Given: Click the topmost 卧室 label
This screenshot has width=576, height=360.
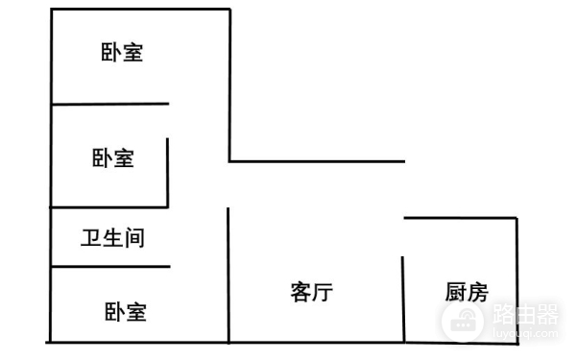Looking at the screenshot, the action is point(122,53).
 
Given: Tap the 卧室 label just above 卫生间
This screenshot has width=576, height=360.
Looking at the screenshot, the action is point(113,158).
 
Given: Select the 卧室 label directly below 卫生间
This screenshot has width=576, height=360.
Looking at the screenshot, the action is point(126,311).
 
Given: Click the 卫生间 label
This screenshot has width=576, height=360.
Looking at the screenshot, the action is point(113,236).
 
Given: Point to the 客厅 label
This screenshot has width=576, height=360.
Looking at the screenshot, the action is point(310,292).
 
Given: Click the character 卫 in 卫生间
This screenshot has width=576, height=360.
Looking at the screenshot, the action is point(92,236).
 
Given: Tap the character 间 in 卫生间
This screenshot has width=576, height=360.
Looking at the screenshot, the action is point(134,236).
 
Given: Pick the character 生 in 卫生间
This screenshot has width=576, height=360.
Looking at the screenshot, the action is point(113,236).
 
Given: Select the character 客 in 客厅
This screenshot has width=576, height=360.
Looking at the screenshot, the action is point(300,292).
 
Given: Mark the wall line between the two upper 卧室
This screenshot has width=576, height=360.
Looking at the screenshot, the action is point(109,104).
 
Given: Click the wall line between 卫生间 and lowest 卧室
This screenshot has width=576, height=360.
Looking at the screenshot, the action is point(109,267).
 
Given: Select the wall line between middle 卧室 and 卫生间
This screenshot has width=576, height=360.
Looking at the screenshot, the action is point(109,206).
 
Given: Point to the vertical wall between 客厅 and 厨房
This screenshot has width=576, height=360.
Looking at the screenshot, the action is point(403,298).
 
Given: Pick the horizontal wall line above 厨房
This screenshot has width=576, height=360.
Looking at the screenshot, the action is point(461,219).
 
